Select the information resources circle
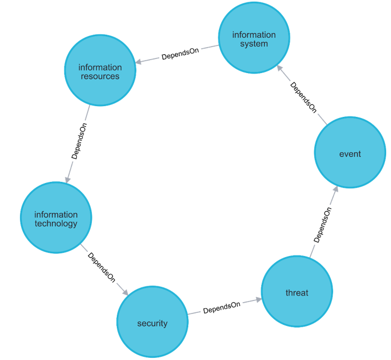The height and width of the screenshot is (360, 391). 100,71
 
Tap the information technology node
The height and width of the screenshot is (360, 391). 56,219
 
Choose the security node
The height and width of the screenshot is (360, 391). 153,323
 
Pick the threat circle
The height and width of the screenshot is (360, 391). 297,292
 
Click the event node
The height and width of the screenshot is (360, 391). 350,154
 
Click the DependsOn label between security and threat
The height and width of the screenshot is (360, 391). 222,307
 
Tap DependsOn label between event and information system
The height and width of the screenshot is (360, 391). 303,96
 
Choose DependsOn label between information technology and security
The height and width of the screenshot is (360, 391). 102,267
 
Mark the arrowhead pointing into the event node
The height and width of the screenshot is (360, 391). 336,189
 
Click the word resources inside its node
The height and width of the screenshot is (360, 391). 100,76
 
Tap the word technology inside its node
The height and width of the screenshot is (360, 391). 56,224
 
